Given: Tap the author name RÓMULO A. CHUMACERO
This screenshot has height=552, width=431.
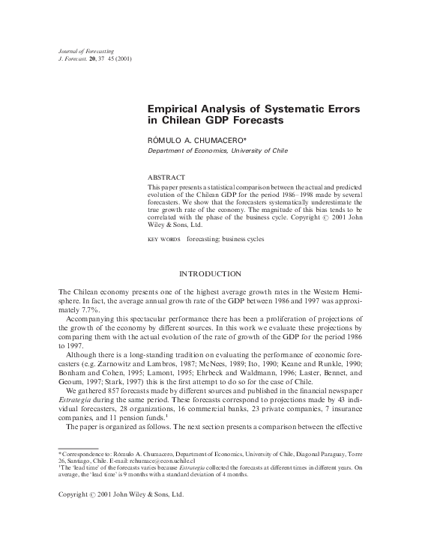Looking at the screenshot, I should click(196, 139).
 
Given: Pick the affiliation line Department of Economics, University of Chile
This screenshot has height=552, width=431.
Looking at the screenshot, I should click(217, 150).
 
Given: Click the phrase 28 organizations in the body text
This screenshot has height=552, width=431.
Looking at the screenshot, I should click(133, 410).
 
